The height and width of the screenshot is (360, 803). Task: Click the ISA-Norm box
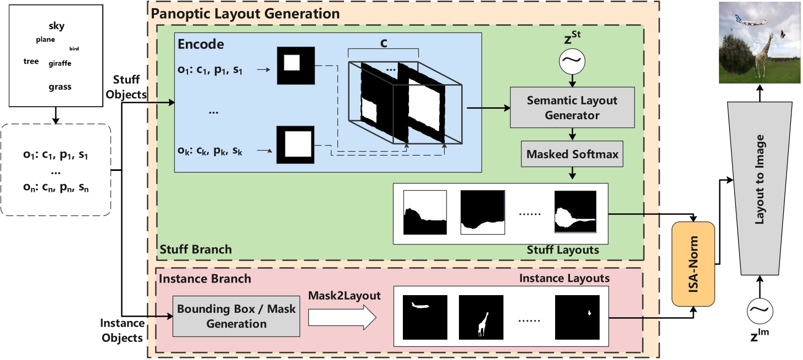(x=693, y=264)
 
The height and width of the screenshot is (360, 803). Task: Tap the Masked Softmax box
(x=572, y=154)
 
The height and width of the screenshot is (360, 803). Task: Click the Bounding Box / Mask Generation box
(x=236, y=316)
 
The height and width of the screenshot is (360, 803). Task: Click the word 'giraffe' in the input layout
(x=60, y=63)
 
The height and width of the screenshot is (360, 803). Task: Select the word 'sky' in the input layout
(x=56, y=26)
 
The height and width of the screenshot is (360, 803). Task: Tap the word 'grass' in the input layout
(x=59, y=87)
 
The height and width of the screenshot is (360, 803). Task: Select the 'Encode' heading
(x=202, y=45)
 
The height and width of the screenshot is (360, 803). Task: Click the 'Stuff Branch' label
(x=196, y=250)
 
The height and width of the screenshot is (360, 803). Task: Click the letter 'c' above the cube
(x=384, y=42)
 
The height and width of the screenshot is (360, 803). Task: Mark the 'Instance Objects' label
(x=123, y=330)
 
